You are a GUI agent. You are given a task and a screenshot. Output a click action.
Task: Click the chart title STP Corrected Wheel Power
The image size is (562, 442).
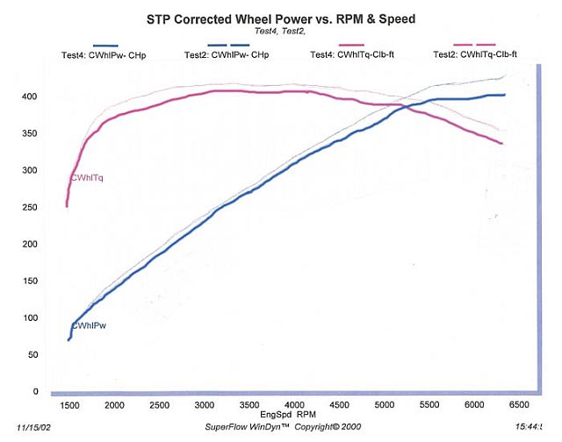[x=281, y=17]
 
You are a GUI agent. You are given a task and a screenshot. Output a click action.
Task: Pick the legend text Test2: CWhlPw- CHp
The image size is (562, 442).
[x=227, y=55]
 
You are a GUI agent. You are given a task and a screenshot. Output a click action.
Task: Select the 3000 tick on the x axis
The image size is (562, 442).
[x=205, y=405]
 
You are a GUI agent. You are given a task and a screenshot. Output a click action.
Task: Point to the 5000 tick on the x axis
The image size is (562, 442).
[x=384, y=405]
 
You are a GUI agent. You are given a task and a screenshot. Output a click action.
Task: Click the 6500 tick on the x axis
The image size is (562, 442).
[x=519, y=405]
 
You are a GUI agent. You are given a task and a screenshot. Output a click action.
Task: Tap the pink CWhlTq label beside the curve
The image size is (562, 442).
[x=87, y=178]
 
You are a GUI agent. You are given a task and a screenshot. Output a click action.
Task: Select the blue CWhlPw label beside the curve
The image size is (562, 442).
[x=89, y=325]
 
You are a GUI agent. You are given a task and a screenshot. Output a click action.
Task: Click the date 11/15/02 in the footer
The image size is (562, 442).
[x=21, y=426]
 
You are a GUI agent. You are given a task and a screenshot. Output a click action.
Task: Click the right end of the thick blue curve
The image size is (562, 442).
[x=504, y=95]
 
